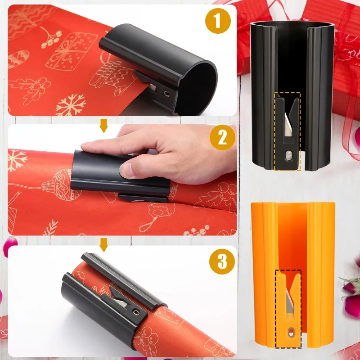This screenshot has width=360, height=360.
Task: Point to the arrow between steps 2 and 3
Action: coord(104,244)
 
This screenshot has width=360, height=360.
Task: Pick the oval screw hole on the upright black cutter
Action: coord(288,156)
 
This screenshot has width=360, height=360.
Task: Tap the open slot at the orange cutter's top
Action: coord(292,216)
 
